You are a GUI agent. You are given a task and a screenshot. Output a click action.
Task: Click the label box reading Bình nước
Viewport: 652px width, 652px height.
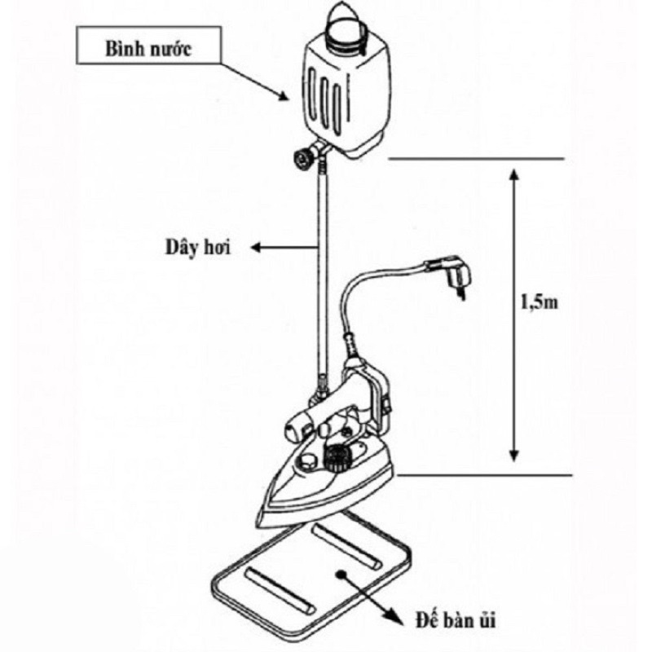point(148,46)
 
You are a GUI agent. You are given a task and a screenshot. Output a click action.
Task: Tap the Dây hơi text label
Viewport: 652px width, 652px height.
point(198,248)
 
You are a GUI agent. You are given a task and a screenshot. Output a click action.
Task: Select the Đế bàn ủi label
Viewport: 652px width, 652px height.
point(456,621)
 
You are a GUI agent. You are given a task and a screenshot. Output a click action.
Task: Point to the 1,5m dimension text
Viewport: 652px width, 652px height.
point(540,302)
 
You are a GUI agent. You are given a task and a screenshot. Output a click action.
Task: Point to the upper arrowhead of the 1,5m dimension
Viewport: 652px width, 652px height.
point(514,174)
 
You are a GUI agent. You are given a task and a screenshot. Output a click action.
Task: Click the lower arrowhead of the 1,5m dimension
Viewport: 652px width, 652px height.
point(514,456)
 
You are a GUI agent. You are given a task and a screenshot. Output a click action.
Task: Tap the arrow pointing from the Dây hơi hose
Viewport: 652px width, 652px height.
point(284,248)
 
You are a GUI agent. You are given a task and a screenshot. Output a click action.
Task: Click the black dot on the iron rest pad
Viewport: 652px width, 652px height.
point(341,575)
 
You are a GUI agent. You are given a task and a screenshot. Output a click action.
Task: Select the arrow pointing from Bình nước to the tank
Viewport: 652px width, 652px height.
point(254,82)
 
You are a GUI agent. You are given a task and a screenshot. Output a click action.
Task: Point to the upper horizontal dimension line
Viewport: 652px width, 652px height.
point(476,159)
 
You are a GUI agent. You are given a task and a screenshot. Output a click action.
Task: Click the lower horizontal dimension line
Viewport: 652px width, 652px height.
point(484,475)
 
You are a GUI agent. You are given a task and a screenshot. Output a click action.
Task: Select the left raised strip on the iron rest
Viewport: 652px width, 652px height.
point(280,590)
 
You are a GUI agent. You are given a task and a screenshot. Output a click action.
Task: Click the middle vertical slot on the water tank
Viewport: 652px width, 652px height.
point(324,104)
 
